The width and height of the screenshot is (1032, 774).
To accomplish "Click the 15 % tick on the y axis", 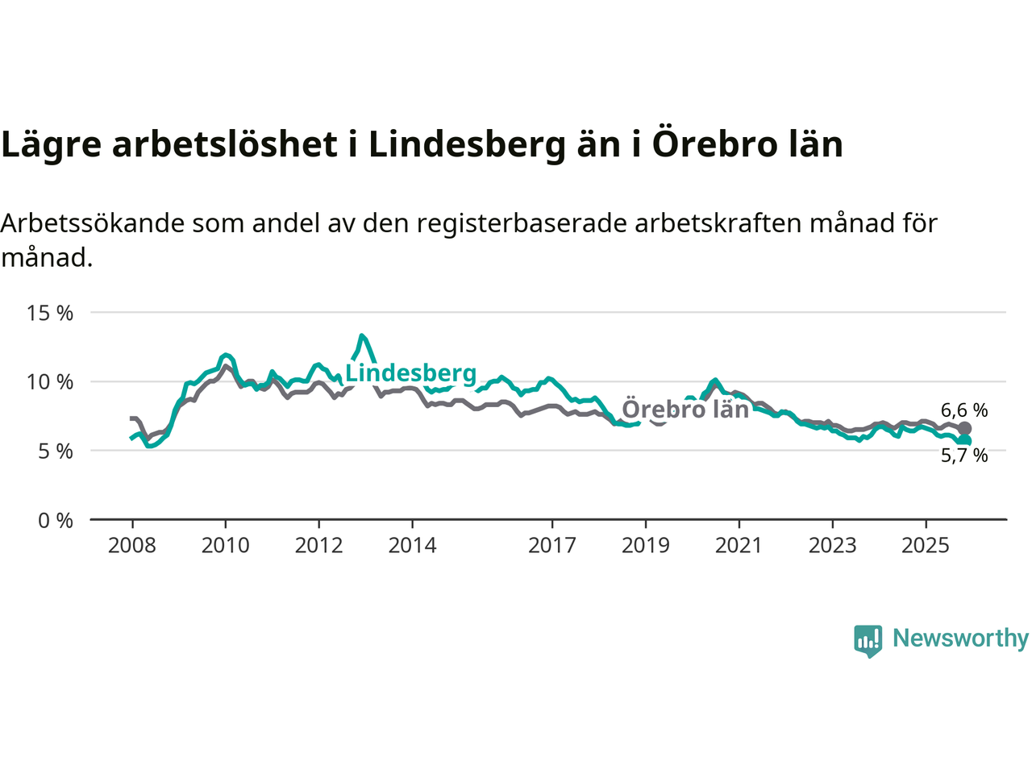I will click(50, 313).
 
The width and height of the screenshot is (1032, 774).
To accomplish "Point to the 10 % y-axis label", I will click(50, 381).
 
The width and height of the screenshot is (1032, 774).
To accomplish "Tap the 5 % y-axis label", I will click(56, 451).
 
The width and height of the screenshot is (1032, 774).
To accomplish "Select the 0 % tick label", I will click(56, 521).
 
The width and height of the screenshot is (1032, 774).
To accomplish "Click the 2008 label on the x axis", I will click(132, 546).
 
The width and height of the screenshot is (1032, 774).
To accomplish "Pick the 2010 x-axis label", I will click(226, 546).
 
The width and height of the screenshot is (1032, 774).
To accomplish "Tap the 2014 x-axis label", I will click(412, 546).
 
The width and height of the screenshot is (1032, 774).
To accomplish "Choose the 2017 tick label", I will click(552, 546).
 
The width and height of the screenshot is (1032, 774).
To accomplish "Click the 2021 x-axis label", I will click(739, 546).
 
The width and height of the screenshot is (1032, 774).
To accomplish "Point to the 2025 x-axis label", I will click(926, 546).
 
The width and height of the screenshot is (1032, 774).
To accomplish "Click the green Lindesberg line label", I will click(411, 373).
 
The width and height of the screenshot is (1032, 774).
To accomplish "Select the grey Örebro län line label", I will click(685, 409).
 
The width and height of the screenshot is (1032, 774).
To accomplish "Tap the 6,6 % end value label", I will click(964, 410).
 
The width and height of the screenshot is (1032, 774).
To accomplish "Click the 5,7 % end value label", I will click(964, 456).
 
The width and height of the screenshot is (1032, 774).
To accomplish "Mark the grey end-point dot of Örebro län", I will click(964, 429).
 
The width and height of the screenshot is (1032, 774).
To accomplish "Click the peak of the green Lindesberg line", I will click(362, 335).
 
